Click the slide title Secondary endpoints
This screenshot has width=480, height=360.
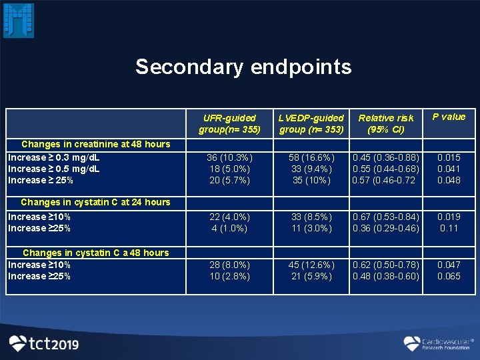point(243,67)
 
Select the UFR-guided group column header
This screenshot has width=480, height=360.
point(229,123)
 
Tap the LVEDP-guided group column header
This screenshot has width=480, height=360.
point(311,123)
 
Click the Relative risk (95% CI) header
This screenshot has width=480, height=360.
point(386,123)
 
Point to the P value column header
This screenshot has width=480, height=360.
point(449,117)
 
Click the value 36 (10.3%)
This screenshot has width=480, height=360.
point(229,158)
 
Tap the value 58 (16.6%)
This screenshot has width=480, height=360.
point(311,158)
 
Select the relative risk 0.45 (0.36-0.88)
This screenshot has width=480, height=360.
point(386,158)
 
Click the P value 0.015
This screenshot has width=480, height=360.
point(449,158)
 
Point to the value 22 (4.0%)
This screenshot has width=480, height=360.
point(229,217)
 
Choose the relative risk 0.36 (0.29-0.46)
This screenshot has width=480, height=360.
point(386,228)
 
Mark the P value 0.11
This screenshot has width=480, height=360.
point(449,228)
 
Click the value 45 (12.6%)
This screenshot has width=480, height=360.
point(311,265)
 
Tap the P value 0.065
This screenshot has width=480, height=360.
point(449,276)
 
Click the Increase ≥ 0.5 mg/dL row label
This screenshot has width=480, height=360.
point(54,169)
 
